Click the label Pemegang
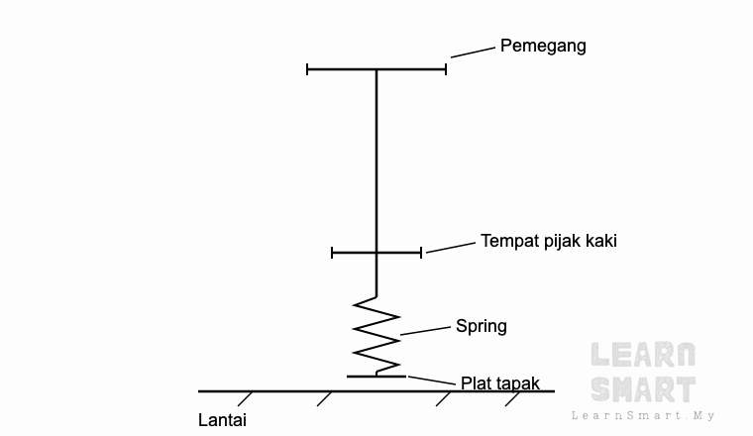tap(543, 47)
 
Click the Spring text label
tap(482, 327)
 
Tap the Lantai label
tap(222, 420)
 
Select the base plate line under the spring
tap(376, 377)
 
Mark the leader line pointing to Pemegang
tap(473, 53)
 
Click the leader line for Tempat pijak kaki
tap(451, 248)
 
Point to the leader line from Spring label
tap(425, 331)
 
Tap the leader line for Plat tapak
tap(431, 381)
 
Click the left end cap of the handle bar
tap(307, 69)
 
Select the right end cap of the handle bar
tap(446, 69)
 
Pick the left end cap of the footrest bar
tap(332, 253)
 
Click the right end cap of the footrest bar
tap(421, 253)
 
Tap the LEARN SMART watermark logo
tap(643, 373)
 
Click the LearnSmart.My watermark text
tap(643, 416)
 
